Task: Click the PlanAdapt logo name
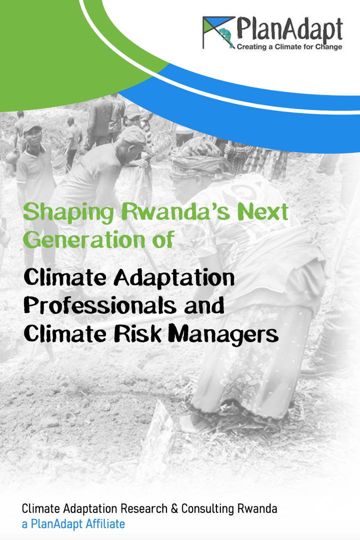[x=289, y=29]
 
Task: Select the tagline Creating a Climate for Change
[x=289, y=47]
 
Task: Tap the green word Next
[x=263, y=211]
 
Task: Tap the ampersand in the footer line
[x=174, y=508]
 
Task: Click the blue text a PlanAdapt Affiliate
[x=73, y=524]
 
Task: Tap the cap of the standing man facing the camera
[x=31, y=126]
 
